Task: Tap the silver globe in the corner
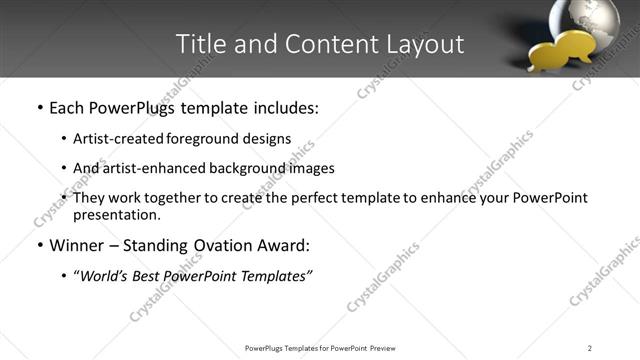click(592, 22)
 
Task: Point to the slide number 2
click(590, 348)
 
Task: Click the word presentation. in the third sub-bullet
click(117, 214)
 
